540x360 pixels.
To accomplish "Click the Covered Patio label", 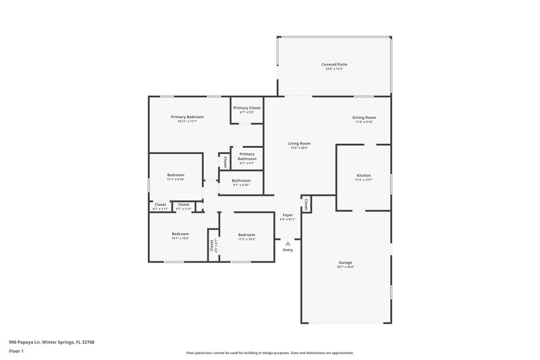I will [335, 64].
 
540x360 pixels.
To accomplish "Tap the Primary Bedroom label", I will [187, 117].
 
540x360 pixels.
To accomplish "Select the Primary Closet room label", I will [247, 108].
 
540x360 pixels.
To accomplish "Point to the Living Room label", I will [299, 143].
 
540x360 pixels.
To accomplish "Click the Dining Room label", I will [364, 118].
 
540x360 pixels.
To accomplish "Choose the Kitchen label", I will [364, 176].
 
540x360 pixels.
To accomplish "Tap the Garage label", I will [346, 262].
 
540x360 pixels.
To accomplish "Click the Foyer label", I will [288, 215].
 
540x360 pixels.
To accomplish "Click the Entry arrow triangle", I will [288, 242].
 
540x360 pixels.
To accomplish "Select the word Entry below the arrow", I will [288, 250].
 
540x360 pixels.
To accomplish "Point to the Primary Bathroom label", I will [247, 156].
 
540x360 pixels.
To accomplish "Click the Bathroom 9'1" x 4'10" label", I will [242, 181].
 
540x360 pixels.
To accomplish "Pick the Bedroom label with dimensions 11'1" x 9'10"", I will [175, 176].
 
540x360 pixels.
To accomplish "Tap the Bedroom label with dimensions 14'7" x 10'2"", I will [180, 234].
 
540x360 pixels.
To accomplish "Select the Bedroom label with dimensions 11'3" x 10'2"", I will [247, 235].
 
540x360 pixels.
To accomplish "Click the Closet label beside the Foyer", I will [306, 203].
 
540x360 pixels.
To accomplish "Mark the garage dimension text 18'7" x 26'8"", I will [346, 267].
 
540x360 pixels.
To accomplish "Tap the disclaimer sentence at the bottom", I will [269, 353].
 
